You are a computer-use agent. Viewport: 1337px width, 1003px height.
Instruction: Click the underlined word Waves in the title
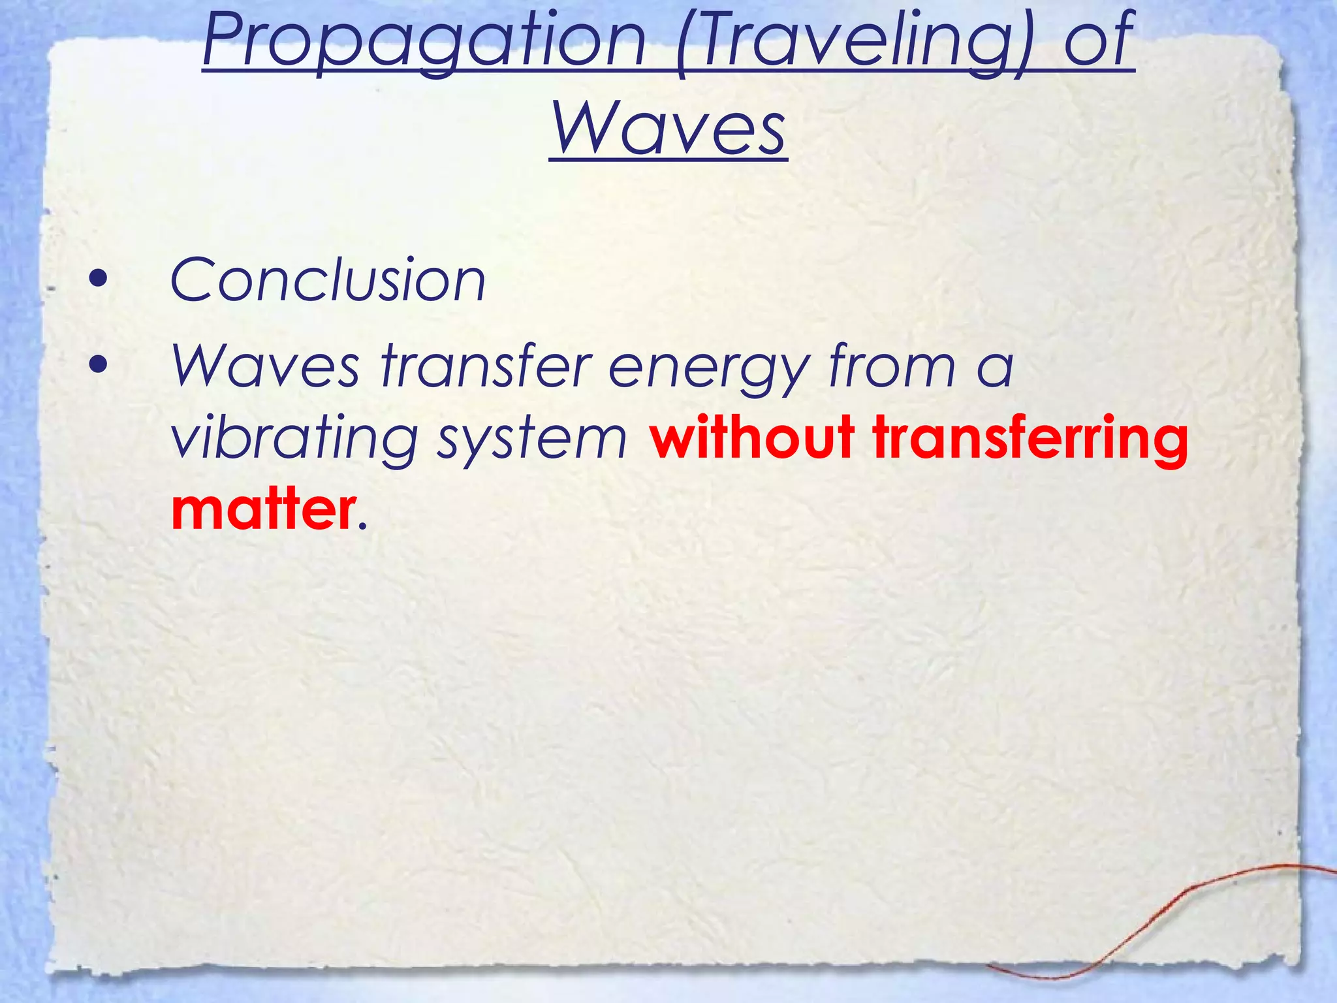coord(668,127)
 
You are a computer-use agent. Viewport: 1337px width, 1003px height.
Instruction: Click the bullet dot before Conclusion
coord(99,280)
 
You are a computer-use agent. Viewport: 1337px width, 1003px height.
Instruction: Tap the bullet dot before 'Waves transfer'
coord(99,366)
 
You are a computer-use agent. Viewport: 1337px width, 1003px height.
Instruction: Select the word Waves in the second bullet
coord(265,366)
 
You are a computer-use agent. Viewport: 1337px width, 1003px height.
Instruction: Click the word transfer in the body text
coord(486,366)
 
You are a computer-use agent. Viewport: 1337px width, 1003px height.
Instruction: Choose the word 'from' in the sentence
coord(892,366)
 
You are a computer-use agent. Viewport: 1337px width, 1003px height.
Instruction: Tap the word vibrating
coord(293,438)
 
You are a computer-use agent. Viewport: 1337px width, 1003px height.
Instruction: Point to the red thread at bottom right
coord(1208,895)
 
